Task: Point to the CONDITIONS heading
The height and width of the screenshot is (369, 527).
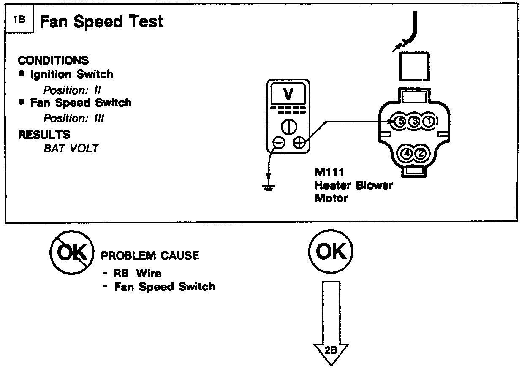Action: tap(53, 60)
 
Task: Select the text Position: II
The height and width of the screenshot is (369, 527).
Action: tap(72, 90)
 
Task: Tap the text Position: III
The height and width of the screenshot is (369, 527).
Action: tap(74, 119)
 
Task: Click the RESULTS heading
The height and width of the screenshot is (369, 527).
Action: tap(44, 135)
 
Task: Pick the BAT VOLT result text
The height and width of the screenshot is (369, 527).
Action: tap(71, 149)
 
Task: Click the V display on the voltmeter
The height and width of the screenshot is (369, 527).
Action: tap(288, 94)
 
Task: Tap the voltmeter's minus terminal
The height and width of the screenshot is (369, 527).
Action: tap(279, 143)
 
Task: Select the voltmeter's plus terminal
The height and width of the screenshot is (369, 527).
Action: tap(299, 143)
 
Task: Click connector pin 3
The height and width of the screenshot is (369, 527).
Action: tap(414, 122)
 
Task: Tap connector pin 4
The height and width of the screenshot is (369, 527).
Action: tap(407, 154)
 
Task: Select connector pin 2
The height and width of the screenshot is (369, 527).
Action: tap(421, 154)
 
